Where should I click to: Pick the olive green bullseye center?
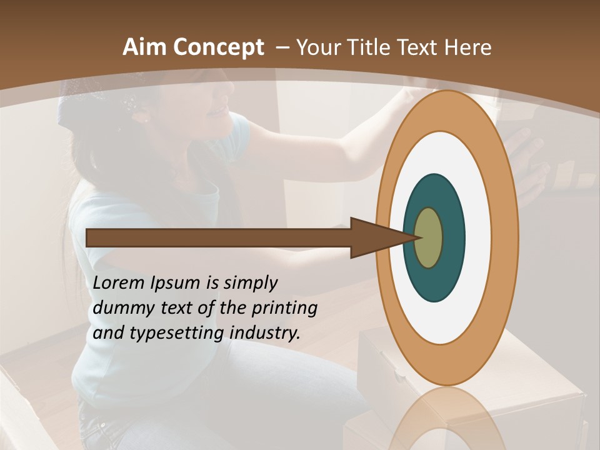429,237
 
